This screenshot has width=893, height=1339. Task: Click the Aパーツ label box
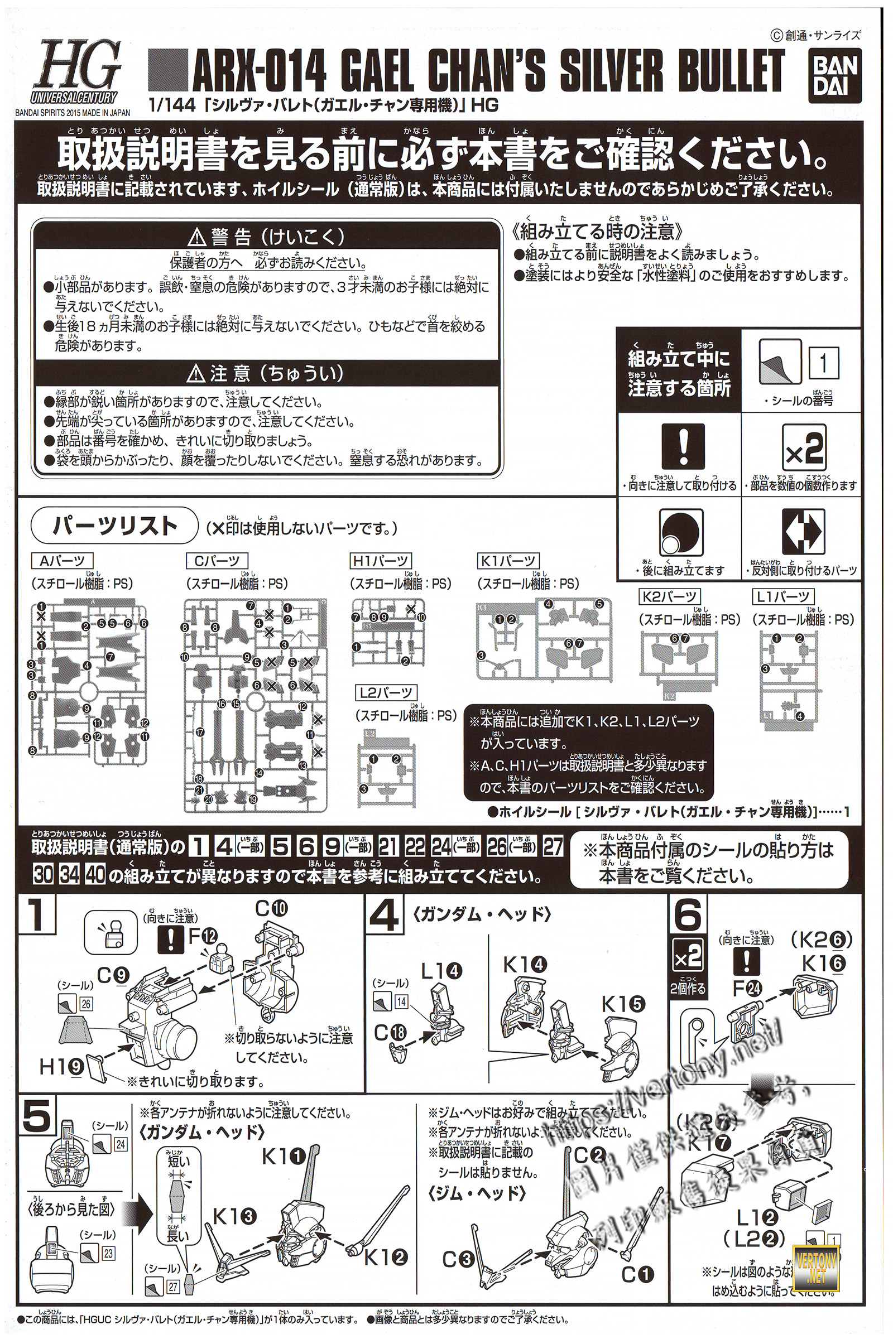pyautogui.click(x=62, y=561)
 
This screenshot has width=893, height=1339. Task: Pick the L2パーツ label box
pyautogui.click(x=385, y=693)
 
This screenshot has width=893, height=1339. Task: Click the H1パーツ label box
pyautogui.click(x=381, y=561)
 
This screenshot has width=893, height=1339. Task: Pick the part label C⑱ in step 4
pyautogui.click(x=390, y=1033)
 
